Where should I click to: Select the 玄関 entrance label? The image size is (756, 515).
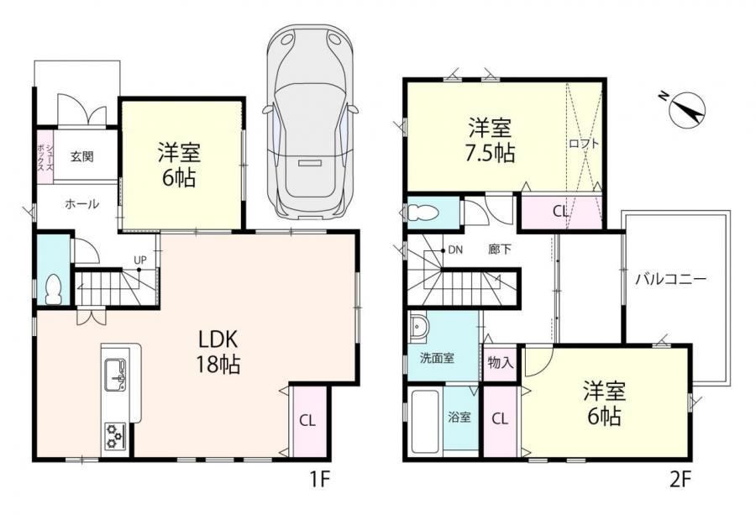pyautogui.click(x=82, y=156)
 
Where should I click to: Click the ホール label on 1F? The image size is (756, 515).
pyautogui.click(x=82, y=204)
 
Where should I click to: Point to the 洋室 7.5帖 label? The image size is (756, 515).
pyautogui.click(x=491, y=140)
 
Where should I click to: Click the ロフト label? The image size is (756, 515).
pyautogui.click(x=584, y=143)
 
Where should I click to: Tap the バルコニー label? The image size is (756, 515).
pyautogui.click(x=670, y=279)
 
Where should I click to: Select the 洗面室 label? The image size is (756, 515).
pyautogui.click(x=437, y=358)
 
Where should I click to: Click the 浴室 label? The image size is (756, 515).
pyautogui.click(x=459, y=417)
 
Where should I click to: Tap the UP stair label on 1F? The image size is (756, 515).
pyautogui.click(x=139, y=260)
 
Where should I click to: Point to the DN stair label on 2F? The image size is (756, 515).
pyautogui.click(x=455, y=250)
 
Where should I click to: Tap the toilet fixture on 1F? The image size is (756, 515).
pyautogui.click(x=53, y=290)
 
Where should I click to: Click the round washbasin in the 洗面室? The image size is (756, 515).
pyautogui.click(x=417, y=328)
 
